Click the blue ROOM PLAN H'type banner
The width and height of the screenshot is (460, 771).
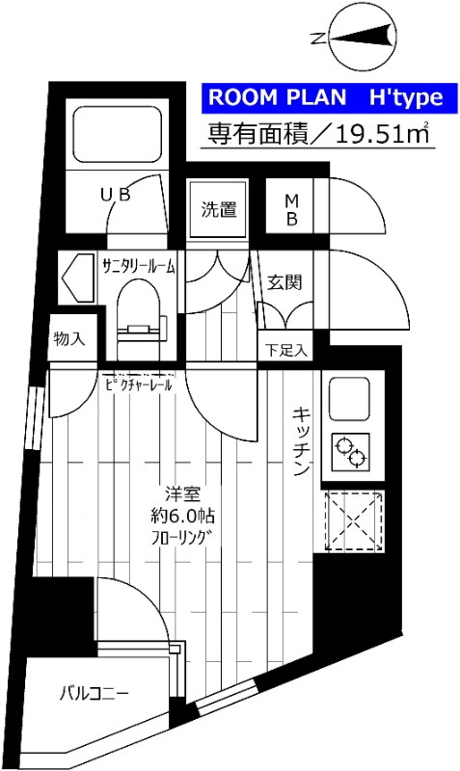(x=323, y=96)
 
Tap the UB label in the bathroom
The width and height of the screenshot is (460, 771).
(x=115, y=195)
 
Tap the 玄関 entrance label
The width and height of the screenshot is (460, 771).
(x=285, y=282)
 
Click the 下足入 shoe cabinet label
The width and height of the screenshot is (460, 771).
(x=286, y=349)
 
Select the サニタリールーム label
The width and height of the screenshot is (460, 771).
(x=138, y=268)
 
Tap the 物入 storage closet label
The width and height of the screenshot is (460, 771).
(x=69, y=338)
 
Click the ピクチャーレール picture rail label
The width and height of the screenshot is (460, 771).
(x=139, y=385)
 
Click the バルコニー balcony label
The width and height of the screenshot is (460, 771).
(x=94, y=692)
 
